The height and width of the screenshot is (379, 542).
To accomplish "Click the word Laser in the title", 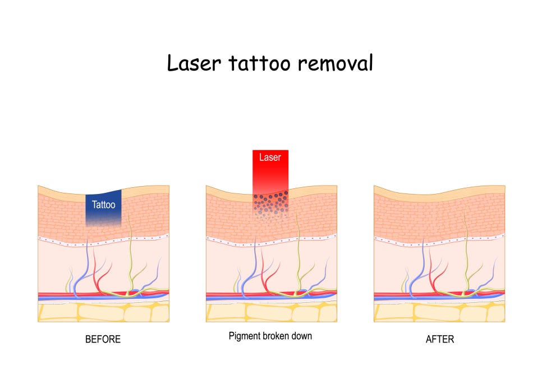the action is tap(194, 63).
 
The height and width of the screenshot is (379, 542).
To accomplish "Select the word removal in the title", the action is tap(336, 63).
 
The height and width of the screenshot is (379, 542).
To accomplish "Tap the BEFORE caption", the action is tap(103, 339).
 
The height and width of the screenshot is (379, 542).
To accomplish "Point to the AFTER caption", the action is tap(440, 339).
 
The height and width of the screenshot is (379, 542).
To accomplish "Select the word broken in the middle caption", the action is tap(277, 336).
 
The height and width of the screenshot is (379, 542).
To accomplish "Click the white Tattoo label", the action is tap(103, 205).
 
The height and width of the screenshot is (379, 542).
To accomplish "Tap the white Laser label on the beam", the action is tap(270, 158).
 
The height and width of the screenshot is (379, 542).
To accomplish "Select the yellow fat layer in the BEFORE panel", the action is tap(103, 312).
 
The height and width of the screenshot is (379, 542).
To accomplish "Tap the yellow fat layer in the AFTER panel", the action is tap(439, 312).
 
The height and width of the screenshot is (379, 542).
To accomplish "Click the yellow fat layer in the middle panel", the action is tap(272, 312).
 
